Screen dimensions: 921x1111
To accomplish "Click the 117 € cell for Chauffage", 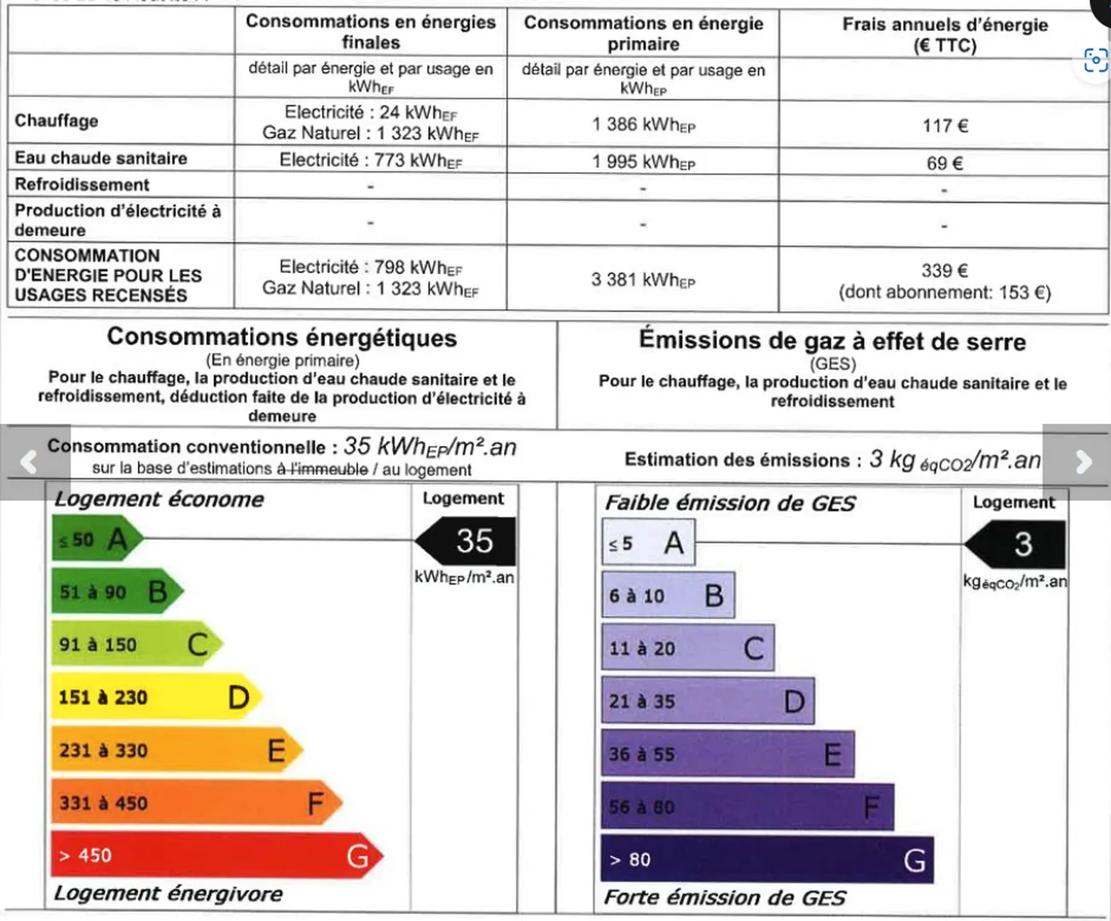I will [x=945, y=125].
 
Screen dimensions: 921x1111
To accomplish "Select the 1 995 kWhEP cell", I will [x=643, y=161].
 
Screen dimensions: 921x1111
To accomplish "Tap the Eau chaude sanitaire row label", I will [x=101, y=158].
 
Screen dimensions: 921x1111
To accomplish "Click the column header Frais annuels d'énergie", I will [x=945, y=34].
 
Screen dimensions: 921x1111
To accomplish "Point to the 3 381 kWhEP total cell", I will [x=643, y=280].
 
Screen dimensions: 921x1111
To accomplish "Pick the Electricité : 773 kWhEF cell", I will [x=370, y=160].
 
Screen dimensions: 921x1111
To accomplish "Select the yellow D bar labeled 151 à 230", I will [x=153, y=698].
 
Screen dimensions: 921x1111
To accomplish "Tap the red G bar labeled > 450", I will [x=213, y=855].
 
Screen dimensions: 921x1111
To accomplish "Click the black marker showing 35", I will [x=468, y=541].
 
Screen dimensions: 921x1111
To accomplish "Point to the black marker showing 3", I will [x=1018, y=544].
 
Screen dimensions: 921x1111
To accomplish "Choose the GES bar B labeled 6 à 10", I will [x=667, y=595].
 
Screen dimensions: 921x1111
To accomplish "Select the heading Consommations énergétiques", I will [x=281, y=338].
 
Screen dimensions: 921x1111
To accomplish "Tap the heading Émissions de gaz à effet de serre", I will [x=832, y=341].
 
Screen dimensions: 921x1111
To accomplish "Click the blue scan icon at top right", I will [x=1096, y=60].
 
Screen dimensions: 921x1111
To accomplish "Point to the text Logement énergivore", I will [x=168, y=894].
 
